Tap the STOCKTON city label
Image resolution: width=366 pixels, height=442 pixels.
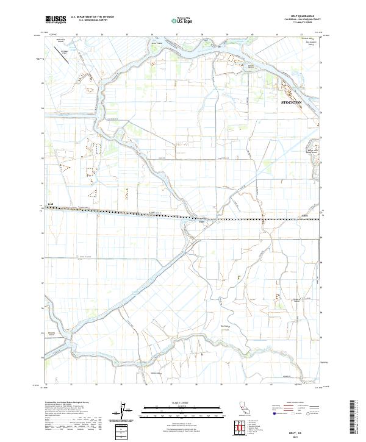point(291,102)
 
